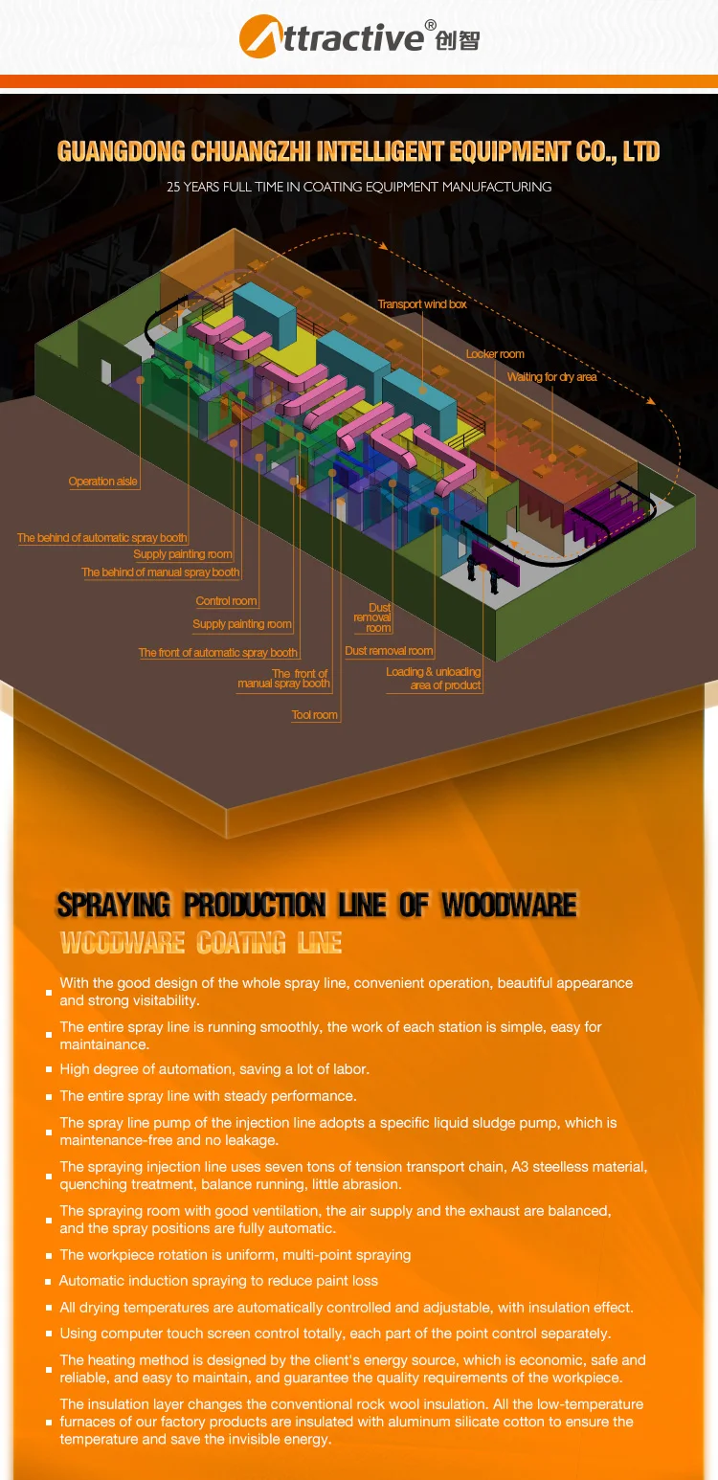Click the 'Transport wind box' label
click(422, 304)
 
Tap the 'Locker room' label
click(495, 354)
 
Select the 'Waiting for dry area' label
click(551, 377)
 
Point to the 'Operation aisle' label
click(103, 482)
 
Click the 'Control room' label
click(227, 601)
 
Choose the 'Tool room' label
click(314, 715)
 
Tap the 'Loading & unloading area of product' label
click(434, 679)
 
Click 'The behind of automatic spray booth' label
click(102, 538)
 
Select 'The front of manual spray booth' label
click(283, 679)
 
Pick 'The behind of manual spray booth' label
click(161, 572)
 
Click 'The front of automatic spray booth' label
click(218, 653)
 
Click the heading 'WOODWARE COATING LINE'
click(201, 944)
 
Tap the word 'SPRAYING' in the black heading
click(113, 905)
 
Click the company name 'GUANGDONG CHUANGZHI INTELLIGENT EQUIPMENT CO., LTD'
click(359, 151)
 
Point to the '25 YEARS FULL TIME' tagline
click(359, 187)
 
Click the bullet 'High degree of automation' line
click(214, 1069)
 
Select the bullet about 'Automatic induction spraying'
click(218, 1281)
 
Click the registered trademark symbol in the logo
click(430, 24)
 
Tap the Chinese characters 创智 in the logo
click(457, 41)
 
